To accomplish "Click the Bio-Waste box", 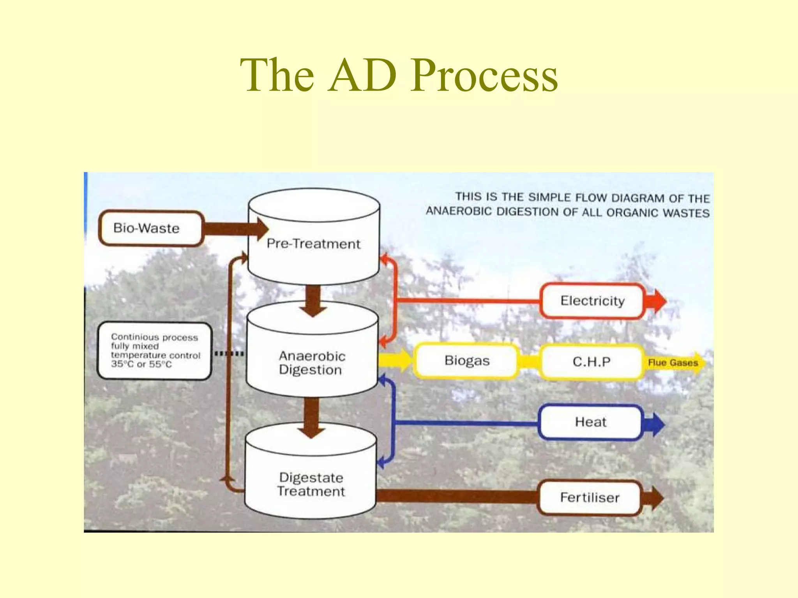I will pos(150,228).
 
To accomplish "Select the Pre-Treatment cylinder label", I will pos(314,244).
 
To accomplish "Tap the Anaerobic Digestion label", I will pos(312,363).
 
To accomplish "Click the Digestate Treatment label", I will pos(311,485).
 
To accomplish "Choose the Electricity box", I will pos(592,301).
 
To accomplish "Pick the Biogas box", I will pos(467,361).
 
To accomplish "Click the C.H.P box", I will pos(591,362).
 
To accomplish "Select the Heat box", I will pos(590,423).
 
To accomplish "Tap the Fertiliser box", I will pos(589,498).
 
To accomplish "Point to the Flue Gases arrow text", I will pos(673,363).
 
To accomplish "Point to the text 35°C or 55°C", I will pos(141,364).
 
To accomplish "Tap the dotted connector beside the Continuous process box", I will pos(230,354).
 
